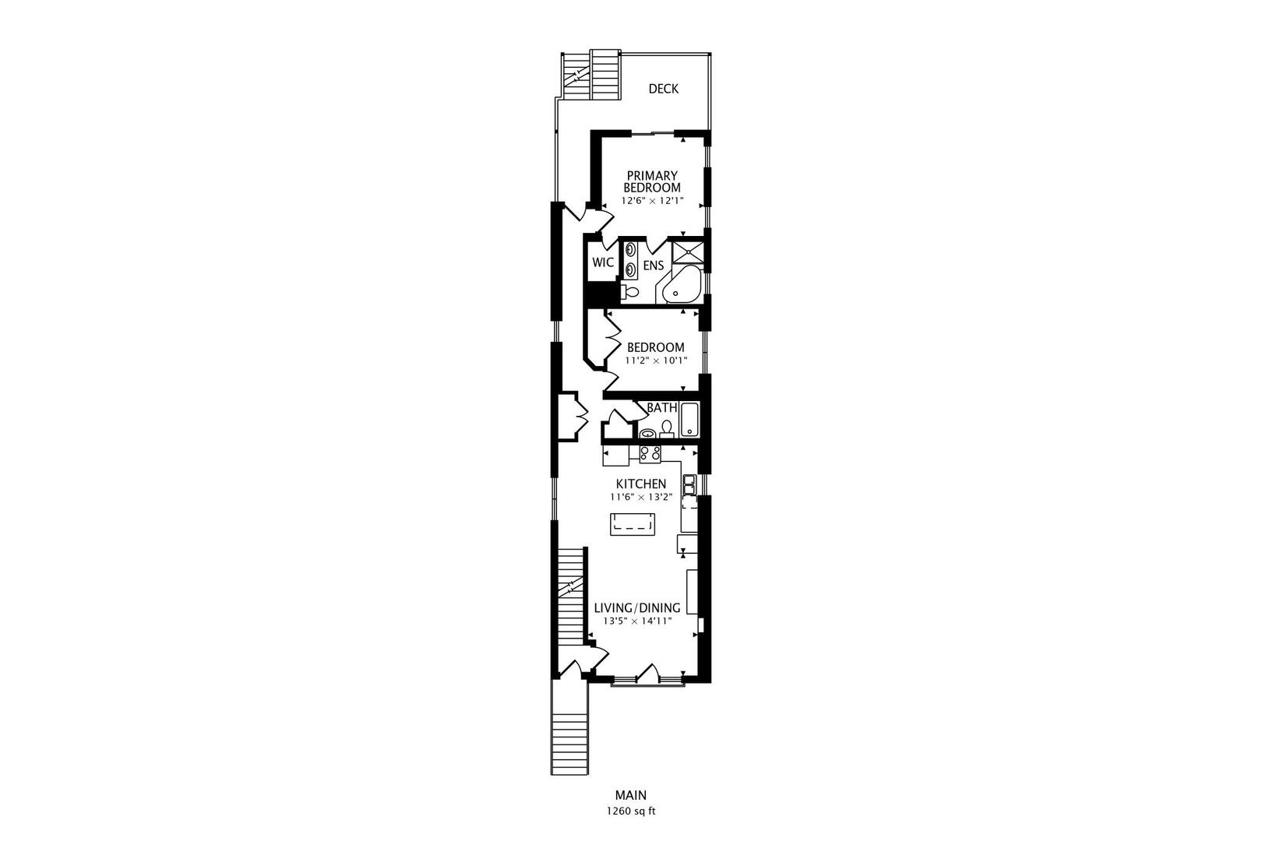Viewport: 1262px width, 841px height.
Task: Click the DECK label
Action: click(x=663, y=89)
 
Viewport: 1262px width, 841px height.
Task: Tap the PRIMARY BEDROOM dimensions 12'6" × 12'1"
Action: click(x=652, y=201)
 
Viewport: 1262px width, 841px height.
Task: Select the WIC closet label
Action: click(x=603, y=262)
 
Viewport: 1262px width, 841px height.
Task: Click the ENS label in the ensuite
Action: click(x=654, y=266)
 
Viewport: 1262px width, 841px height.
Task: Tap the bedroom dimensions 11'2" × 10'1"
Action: click(x=657, y=361)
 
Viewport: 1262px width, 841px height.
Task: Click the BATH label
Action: click(x=661, y=408)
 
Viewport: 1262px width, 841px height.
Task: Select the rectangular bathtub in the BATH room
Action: click(x=689, y=420)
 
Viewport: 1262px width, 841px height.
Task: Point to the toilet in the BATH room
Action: click(x=667, y=429)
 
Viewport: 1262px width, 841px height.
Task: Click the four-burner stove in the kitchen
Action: click(x=650, y=454)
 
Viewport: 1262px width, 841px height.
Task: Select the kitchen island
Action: click(x=633, y=524)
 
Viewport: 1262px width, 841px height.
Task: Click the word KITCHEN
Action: click(x=640, y=484)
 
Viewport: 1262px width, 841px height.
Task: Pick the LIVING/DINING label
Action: click(x=637, y=608)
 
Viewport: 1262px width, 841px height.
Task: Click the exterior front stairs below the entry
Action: click(x=569, y=727)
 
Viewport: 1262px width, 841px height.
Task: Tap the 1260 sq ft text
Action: click(x=631, y=811)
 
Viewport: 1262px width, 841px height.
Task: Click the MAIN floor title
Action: click(x=631, y=795)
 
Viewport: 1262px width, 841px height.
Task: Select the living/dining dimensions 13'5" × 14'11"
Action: click(x=638, y=621)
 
